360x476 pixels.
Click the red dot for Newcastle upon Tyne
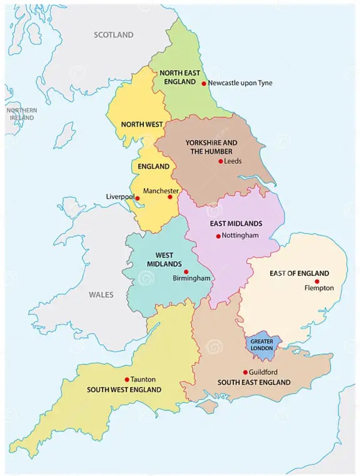tap(204, 83)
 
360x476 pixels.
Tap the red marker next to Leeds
tap(220, 161)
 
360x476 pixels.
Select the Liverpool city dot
tap(137, 198)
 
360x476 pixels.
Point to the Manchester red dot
tap(170, 197)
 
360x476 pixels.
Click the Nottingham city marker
tap(218, 236)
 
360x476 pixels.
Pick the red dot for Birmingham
tap(186, 272)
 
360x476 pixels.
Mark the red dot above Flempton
tap(317, 281)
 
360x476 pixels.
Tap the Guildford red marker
tap(245, 372)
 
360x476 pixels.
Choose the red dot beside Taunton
tap(127, 379)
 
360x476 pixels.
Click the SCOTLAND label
tap(114, 35)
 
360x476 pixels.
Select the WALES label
tap(101, 295)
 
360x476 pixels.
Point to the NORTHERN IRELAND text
tap(21, 114)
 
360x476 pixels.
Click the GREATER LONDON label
tap(262, 345)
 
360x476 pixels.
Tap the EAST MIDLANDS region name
tap(236, 224)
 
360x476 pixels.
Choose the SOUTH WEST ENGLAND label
tap(124, 390)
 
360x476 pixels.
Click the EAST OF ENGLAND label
tap(299, 273)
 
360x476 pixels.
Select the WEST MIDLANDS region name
tap(164, 259)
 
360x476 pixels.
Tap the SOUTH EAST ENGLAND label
tap(254, 382)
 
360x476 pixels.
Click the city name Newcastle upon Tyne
tap(240, 83)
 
